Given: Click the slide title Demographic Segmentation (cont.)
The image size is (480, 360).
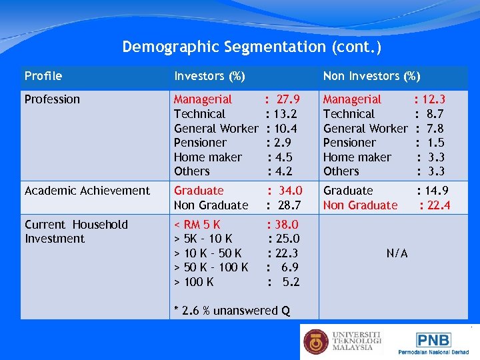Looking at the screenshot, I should point(252,47).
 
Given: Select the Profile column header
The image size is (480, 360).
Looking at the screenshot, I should point(43,76).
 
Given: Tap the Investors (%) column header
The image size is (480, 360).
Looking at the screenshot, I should point(209,76).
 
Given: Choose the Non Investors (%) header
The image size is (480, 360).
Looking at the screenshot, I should point(371,76).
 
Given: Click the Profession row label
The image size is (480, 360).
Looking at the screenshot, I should point(52,99).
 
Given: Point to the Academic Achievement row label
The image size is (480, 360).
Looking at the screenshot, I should point(87,191).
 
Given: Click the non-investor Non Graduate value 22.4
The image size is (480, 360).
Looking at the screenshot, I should point(438,205).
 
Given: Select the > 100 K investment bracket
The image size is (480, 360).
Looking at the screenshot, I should point(194,282).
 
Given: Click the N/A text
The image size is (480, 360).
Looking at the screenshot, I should point(397,253).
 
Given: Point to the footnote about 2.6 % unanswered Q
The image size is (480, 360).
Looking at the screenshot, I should point(231,310).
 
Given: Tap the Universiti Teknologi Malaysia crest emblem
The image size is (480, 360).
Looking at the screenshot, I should point(316,341).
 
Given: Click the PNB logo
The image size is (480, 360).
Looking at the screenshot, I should point(433,339).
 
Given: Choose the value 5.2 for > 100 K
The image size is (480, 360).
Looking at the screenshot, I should point(291,282).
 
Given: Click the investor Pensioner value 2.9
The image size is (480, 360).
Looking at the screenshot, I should point(283,143).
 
